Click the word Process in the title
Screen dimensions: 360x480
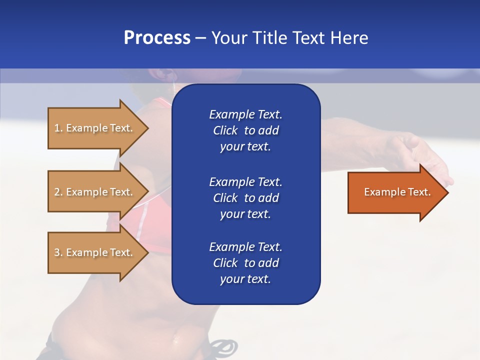point(157,38)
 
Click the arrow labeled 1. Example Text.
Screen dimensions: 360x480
point(94,128)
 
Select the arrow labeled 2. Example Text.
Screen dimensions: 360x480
point(94,192)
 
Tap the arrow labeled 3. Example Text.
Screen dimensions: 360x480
point(94,252)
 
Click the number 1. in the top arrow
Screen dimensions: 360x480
point(58,128)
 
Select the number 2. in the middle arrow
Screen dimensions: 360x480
point(58,192)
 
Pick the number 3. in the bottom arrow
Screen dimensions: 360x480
point(58,252)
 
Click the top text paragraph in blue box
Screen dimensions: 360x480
point(245,130)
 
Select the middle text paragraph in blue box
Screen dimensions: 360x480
point(245,198)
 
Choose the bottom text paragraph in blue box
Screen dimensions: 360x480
point(245,263)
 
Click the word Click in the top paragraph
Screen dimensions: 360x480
point(225,130)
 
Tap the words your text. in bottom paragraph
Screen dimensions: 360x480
point(245,279)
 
